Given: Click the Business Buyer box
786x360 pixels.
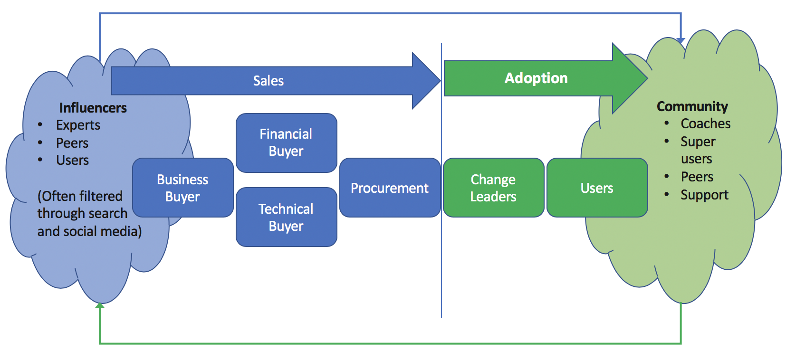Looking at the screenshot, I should click(182, 188).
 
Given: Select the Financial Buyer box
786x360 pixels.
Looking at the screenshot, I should click(286, 142).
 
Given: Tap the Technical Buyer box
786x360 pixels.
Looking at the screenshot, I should click(286, 217).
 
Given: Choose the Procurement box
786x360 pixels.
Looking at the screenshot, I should click(390, 188).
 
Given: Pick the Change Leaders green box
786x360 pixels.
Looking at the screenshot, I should click(493, 188).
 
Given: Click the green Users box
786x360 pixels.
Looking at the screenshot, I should click(597, 188).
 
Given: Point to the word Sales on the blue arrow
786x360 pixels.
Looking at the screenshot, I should click(268, 81).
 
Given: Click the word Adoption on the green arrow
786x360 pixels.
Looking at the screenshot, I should click(536, 78).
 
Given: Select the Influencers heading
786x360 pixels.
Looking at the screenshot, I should click(93, 108).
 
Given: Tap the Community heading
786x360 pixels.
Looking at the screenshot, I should click(692, 106).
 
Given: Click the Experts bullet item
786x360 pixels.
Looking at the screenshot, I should click(78, 125).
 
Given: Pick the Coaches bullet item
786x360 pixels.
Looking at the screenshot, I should click(705, 123).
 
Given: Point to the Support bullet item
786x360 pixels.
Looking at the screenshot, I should click(704, 195).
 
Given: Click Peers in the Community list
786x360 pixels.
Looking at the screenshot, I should click(697, 177).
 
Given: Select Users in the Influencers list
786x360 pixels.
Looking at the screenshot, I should click(72, 160).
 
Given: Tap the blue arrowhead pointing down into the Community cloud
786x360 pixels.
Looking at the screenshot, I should click(681, 40).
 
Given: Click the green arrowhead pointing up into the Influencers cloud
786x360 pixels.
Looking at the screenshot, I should click(100, 306).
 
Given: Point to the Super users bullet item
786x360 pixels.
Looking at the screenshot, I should click(698, 150).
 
